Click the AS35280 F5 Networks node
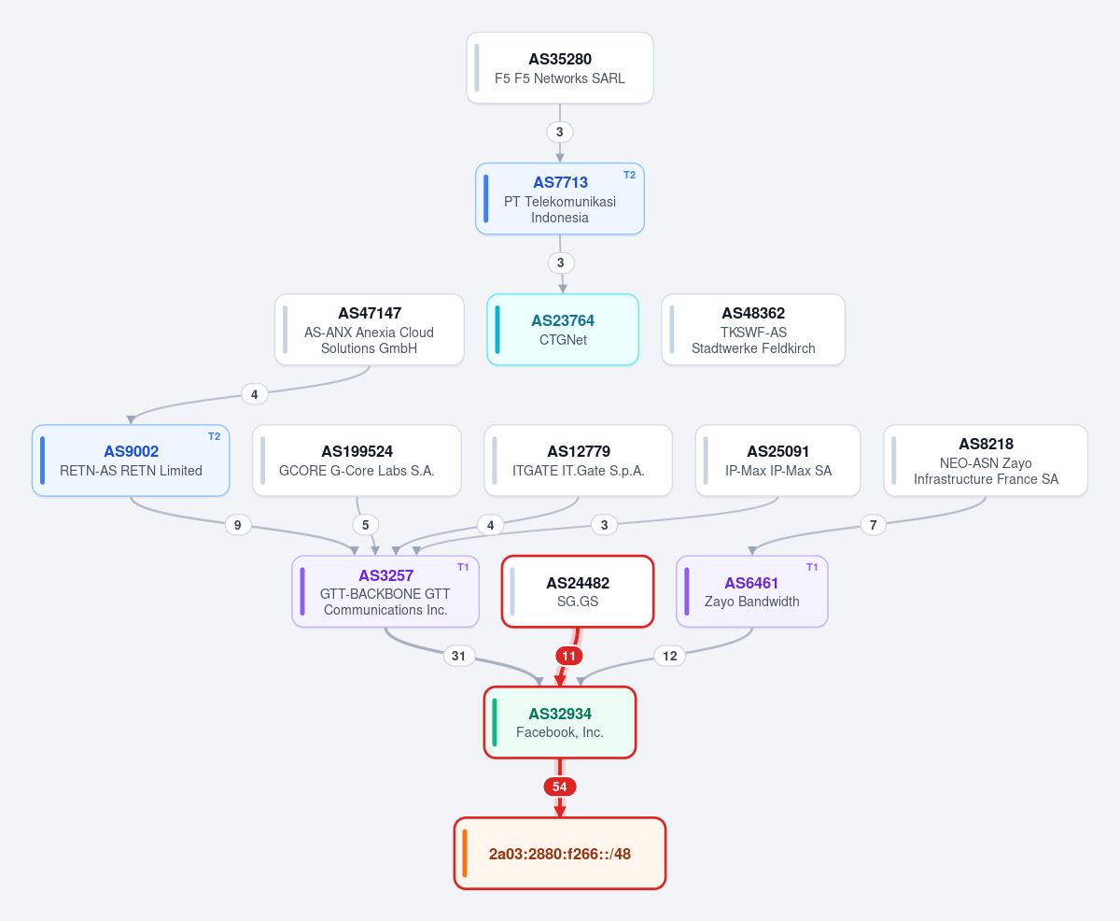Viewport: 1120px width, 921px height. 560,68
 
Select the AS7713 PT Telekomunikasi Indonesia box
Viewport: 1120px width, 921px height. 560,199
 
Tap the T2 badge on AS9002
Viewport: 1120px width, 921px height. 214,436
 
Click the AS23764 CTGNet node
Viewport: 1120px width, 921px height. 563,330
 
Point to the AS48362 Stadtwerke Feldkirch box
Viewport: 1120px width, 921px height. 753,330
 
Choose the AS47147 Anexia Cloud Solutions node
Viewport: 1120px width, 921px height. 369,330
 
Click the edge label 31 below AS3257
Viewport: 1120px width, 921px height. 459,656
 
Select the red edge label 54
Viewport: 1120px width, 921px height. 560,786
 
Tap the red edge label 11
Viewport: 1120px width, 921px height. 568,656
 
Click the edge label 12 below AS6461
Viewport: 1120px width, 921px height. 669,656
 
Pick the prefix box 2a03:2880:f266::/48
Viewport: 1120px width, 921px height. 560,854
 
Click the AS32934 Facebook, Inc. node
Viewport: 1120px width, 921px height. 560,723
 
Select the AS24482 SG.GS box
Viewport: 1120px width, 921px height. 577,591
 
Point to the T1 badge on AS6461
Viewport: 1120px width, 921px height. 812,567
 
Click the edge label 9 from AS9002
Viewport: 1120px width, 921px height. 237,525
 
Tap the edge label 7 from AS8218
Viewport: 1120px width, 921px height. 873,525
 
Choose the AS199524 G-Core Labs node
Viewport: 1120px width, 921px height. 357,460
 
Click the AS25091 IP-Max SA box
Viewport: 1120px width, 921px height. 778,460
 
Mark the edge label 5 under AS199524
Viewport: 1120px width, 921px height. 365,525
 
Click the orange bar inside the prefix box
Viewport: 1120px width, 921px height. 465,854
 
